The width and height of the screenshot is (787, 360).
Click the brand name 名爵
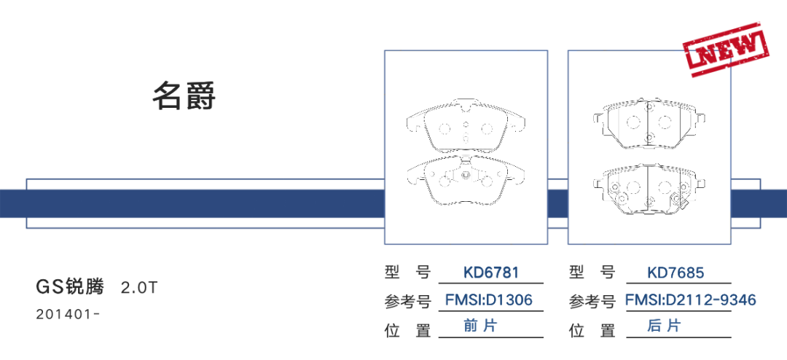184,96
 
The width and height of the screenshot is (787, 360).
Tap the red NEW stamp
726,49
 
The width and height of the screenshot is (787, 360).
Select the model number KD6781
491,273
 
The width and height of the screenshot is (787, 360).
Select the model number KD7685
676,273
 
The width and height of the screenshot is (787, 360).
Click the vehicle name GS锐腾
70,286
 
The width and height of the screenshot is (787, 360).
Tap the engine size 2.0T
138,287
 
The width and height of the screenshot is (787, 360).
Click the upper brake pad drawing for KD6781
466,126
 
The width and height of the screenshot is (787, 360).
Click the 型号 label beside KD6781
408,273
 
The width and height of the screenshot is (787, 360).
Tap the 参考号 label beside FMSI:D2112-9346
593,301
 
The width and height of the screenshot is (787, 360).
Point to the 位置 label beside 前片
408,331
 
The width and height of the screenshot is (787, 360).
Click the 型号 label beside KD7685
592,273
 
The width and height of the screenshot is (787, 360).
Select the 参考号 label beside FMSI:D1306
410,301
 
